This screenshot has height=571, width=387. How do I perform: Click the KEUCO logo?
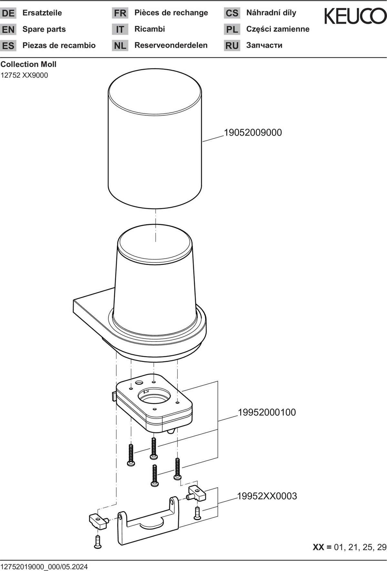pyautogui.click(x=355, y=16)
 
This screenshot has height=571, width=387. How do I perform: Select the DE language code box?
pyautogui.click(x=8, y=13)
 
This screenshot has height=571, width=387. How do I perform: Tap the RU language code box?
pyautogui.click(x=232, y=45)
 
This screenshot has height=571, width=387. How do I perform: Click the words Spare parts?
pyautogui.click(x=44, y=29)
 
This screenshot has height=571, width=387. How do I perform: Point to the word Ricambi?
pyautogui.click(x=150, y=29)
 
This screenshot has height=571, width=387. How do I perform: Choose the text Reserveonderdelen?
pyautogui.click(x=171, y=45)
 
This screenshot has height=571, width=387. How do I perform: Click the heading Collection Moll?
pyautogui.click(x=28, y=64)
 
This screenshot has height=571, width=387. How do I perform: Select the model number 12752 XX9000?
pyautogui.click(x=24, y=75)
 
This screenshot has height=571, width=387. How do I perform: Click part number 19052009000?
pyautogui.click(x=253, y=133)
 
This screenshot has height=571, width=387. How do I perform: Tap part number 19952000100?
pyautogui.click(x=267, y=412)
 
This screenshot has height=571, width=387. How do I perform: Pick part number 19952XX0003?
pyautogui.click(x=267, y=496)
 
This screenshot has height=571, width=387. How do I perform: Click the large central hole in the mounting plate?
pyautogui.click(x=154, y=395)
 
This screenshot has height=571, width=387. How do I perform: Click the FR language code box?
pyautogui.click(x=120, y=13)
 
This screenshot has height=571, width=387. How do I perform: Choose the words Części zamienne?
pyautogui.click(x=278, y=29)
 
